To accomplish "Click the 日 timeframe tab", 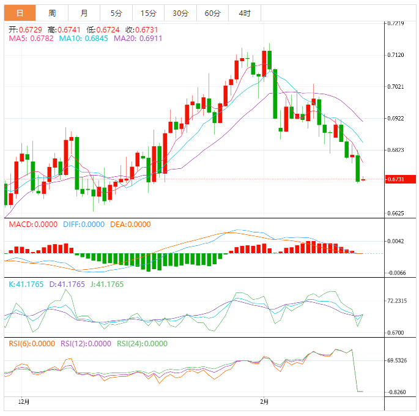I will coord(20,13).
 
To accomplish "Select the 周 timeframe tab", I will coord(52,13).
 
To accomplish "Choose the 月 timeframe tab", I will coord(84,13).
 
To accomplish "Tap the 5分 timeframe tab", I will coord(116,13).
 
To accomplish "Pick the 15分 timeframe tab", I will coord(148,13).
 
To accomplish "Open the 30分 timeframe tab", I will coord(180,13).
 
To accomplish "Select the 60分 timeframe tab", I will coord(212,13).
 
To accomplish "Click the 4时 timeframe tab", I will coord(245,13).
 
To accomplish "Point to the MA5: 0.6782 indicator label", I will coord(31,39).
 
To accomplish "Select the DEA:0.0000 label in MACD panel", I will coord(130,225).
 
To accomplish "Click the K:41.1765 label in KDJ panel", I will coord(26,284).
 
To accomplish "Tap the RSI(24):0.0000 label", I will coord(142,344).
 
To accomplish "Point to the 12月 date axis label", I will coord(24,402).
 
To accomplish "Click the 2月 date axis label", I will coord(264,402).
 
